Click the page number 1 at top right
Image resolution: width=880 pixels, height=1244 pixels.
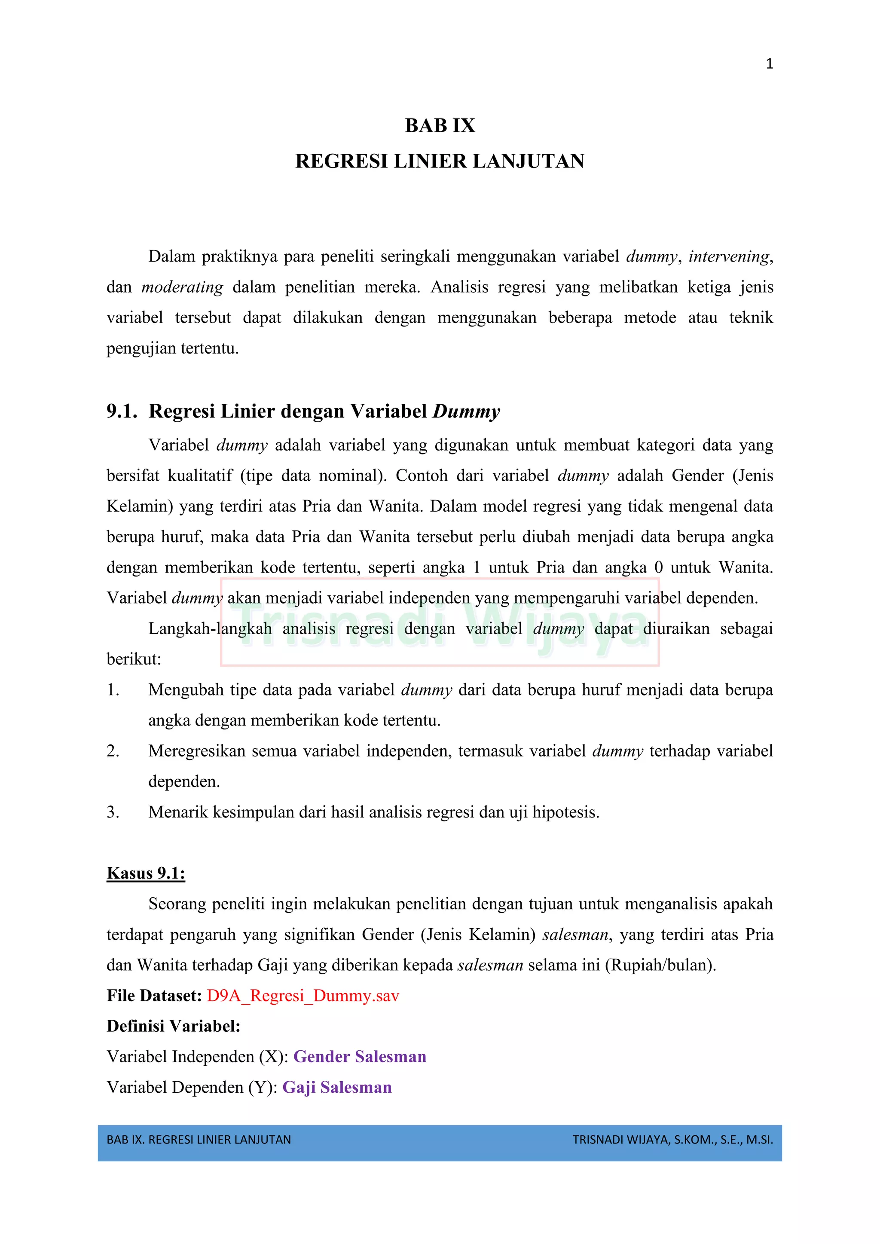769,64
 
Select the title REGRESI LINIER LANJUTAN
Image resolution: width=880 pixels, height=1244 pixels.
440,162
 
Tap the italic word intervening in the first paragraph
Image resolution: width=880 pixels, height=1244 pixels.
728,256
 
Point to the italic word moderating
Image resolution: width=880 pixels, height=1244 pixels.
182,287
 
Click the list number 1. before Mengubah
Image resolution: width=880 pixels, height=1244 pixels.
113,690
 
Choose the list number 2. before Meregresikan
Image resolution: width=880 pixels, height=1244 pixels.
113,751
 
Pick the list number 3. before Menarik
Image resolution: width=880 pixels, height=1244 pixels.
113,812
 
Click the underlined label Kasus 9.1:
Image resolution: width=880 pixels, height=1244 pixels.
146,873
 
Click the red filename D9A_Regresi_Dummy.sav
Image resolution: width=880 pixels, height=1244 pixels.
303,996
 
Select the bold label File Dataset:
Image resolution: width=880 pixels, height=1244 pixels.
154,996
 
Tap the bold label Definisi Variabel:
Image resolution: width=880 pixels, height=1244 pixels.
174,1026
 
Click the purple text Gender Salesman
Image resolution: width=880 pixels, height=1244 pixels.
360,1057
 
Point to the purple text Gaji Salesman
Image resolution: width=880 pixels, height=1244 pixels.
337,1087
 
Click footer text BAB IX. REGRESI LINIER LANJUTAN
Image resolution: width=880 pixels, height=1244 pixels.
199,1140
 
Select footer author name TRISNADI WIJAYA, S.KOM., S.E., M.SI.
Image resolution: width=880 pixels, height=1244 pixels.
672,1140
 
